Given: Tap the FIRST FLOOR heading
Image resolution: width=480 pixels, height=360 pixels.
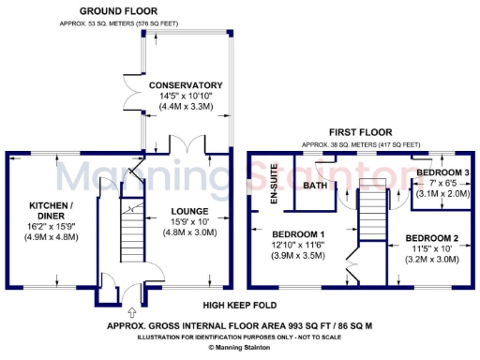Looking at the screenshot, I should coord(360,132).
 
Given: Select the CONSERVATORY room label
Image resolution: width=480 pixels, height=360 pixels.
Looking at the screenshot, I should coord(186,85).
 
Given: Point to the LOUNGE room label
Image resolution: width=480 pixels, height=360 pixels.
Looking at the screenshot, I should coord(191,211).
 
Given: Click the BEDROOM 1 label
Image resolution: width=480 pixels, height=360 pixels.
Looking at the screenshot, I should coord(298,233).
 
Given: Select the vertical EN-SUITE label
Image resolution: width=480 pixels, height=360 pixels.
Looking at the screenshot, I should coord(275,184).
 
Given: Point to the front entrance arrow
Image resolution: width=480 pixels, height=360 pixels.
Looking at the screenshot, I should coord(130,311).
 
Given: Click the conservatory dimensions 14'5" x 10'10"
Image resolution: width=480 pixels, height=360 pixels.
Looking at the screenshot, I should coord(186,97).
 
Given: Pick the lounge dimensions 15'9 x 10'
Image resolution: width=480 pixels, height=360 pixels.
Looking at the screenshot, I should coord(191,222).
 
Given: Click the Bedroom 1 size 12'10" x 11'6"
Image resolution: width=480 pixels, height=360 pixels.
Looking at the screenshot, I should coord(298,245).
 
